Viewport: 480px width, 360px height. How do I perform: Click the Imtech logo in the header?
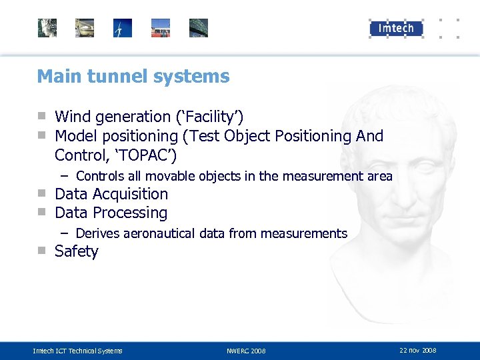coord(396,28)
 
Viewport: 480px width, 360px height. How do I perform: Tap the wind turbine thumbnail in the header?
coord(123,28)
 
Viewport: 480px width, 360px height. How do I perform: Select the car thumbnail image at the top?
coord(85,28)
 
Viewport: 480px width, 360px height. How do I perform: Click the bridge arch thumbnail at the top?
coord(199,28)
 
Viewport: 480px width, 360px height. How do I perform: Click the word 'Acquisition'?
coord(130,194)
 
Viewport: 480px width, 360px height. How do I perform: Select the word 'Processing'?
coord(130,213)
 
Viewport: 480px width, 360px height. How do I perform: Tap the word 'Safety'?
coord(76,251)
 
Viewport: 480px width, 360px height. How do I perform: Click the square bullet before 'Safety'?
coord(42,251)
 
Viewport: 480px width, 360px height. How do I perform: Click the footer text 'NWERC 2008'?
coord(246,351)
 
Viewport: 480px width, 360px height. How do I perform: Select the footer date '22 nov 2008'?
coord(418,350)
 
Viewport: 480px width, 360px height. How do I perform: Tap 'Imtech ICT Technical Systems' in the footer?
coord(78,351)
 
